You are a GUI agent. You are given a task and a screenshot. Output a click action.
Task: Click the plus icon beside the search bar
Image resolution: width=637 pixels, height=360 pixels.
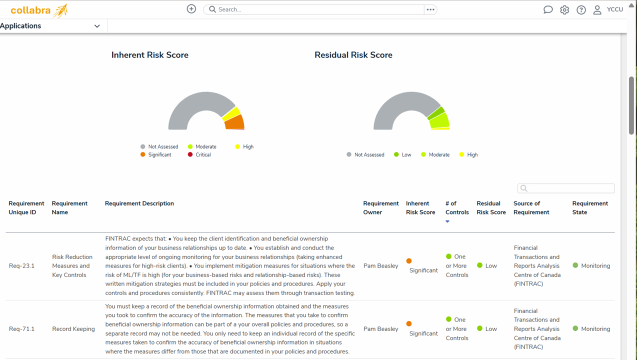[x=191, y=9]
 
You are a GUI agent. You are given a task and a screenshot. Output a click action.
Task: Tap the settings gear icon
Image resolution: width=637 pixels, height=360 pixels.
[x=564, y=10]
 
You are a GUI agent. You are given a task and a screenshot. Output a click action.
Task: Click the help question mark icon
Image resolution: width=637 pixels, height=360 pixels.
[x=581, y=10]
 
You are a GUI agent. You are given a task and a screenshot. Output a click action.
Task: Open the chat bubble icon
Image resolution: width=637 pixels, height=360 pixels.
[x=548, y=10]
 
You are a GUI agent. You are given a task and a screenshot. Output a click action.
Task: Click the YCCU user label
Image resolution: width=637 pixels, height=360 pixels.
[x=614, y=9]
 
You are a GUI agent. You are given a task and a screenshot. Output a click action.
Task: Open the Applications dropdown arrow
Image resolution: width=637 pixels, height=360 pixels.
[x=97, y=26]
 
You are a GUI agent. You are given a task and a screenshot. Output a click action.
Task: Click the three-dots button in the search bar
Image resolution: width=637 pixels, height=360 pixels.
[x=430, y=9]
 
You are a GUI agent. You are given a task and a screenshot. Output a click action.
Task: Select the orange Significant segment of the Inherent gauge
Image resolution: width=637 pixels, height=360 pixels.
[x=235, y=122]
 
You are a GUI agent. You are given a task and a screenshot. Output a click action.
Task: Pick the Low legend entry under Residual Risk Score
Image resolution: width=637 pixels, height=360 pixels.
[x=402, y=155]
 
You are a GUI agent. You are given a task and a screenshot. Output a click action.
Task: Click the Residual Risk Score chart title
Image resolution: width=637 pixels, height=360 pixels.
[x=353, y=55]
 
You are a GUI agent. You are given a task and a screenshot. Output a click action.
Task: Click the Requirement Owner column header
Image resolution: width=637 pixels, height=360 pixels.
[x=380, y=208]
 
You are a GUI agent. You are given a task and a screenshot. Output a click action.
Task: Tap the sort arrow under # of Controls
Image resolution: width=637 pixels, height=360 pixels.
[x=447, y=221]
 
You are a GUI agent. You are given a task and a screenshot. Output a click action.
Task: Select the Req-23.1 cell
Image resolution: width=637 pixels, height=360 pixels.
[x=22, y=266]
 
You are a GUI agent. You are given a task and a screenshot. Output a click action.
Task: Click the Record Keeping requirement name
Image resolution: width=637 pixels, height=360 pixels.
[x=73, y=329]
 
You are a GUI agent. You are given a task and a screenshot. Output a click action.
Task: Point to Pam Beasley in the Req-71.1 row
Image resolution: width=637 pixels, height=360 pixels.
[x=380, y=329]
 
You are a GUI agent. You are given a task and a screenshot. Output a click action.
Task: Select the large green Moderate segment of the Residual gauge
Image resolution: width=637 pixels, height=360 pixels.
[x=439, y=120]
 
